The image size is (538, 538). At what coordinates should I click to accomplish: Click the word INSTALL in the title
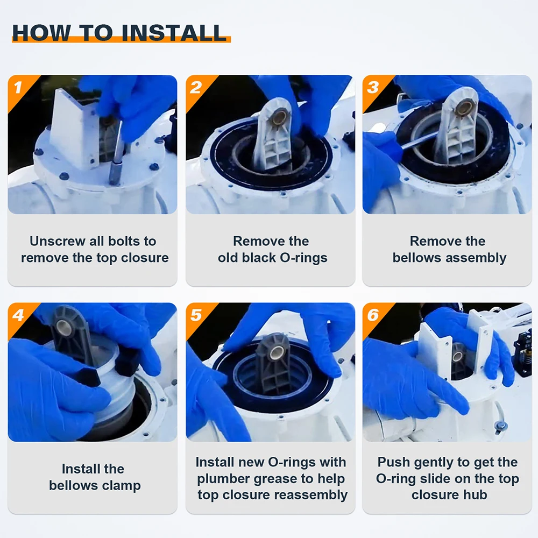click(x=174, y=33)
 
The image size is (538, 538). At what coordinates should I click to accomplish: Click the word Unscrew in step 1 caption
click(x=58, y=241)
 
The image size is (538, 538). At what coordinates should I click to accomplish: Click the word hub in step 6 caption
click(x=475, y=495)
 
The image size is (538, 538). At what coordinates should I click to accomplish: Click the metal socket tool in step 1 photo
click(x=116, y=154)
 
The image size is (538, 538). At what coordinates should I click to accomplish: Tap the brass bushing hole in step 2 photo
click(x=280, y=116)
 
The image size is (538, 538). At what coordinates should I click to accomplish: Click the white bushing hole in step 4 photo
click(x=64, y=327)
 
